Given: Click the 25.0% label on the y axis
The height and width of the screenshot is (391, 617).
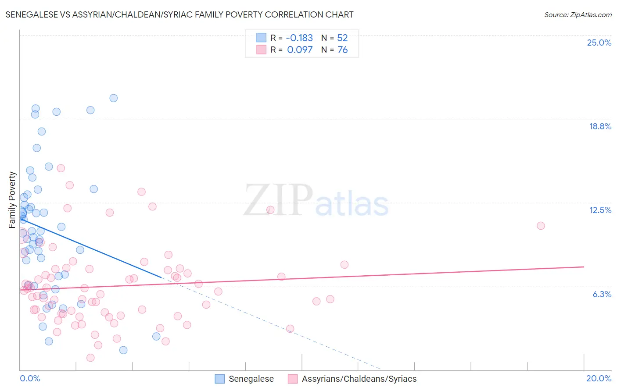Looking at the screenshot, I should point(599,43).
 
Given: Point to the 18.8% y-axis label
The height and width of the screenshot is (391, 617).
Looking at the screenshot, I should point(600,126).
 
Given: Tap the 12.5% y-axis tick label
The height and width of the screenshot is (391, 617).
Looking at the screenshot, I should point(600,210).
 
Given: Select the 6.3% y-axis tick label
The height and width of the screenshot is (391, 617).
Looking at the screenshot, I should point(602,294).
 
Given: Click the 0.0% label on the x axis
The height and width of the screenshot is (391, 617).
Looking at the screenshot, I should point(30,378).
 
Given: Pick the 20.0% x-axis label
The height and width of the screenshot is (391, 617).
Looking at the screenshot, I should point(599,378).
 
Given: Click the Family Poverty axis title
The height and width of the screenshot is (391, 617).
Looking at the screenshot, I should point(12,199).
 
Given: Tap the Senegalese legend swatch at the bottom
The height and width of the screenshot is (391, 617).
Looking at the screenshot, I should point(220,379).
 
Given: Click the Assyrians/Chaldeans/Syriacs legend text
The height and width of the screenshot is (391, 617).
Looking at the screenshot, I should point(359,379).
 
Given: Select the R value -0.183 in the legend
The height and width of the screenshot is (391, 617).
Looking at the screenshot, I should point(300,38).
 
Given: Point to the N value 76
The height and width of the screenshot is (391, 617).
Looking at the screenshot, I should point(343,50).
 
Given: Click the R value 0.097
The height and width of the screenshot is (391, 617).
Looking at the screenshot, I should point(300,50).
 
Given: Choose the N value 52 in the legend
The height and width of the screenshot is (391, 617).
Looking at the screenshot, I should point(342,38).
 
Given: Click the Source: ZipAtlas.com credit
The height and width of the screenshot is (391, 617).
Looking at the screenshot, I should point(578,15).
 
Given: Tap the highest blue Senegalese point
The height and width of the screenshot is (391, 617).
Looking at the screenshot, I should point(113,98).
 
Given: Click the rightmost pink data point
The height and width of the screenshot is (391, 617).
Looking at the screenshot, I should point(541,226).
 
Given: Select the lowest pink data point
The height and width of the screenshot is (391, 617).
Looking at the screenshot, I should point(90,358).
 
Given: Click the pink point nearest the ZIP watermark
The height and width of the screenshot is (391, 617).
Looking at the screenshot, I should point(270,210).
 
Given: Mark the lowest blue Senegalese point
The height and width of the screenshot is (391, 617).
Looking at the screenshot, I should point(123,350).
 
